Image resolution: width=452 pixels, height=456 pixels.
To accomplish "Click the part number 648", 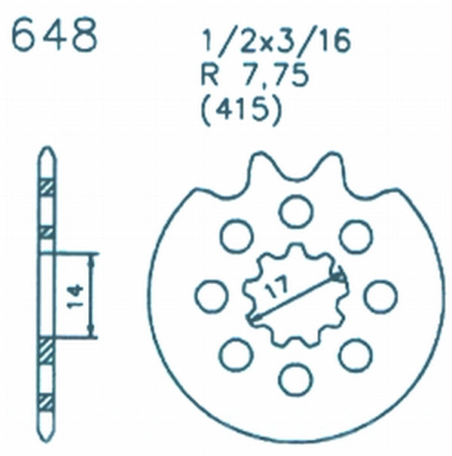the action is [x=55, y=35].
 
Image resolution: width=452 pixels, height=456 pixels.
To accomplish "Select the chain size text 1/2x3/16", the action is [x=276, y=41].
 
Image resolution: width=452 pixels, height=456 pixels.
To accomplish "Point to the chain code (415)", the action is [x=242, y=110].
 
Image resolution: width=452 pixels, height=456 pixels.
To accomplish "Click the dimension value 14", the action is [x=75, y=295].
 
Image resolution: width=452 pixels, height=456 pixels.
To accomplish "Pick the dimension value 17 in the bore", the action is [x=276, y=287].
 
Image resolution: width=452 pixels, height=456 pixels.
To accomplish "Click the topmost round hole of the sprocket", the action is [x=296, y=212].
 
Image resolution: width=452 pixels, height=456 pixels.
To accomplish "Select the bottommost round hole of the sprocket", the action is [x=295, y=379].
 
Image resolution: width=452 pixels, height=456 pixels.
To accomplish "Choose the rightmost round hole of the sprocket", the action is [x=380, y=297].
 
